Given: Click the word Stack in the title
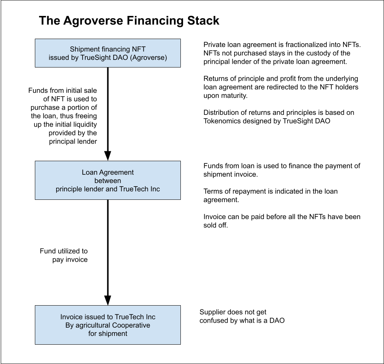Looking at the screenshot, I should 201,20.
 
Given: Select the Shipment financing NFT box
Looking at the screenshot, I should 108,53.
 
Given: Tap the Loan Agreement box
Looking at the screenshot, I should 108,180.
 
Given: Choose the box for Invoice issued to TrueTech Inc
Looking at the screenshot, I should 108,325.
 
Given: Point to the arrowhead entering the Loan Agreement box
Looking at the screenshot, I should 108,156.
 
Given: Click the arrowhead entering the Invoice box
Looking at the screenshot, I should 108,300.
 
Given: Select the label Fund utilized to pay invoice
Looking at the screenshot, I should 64,255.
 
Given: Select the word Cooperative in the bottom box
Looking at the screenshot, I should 131,325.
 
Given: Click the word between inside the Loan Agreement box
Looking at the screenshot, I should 108,180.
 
